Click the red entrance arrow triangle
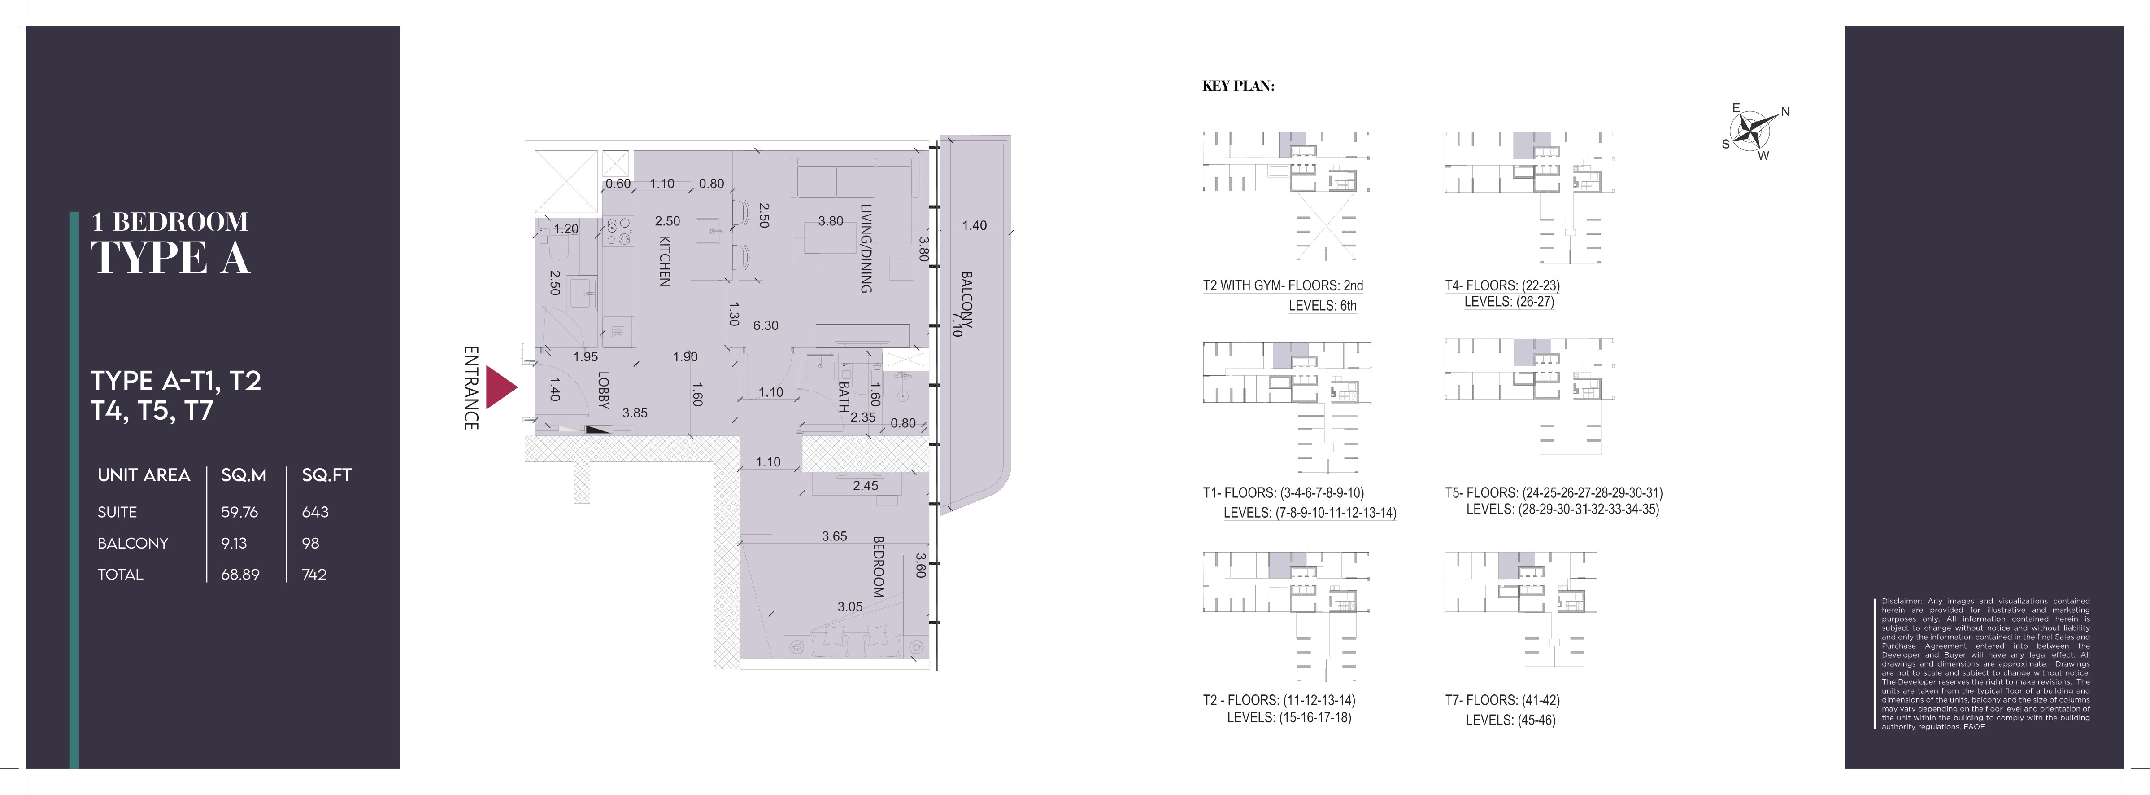point(501,387)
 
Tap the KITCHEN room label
point(665,260)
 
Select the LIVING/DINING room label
point(866,248)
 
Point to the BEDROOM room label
point(878,567)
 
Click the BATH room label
point(844,398)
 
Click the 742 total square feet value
point(315,575)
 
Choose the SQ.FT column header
point(326,475)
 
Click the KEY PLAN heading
point(1239,86)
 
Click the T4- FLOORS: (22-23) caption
point(1502,285)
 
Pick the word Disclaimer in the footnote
point(1901,601)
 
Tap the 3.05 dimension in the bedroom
point(850,607)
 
